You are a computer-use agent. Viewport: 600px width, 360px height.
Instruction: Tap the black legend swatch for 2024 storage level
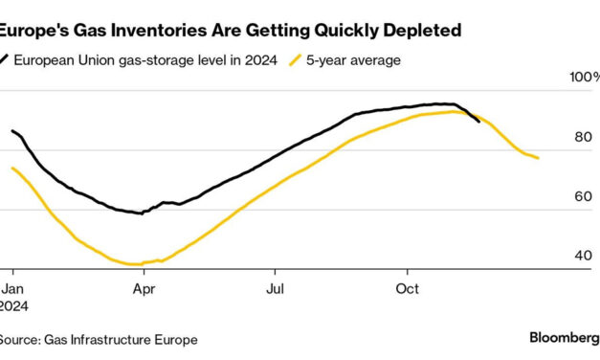[x=6, y=60]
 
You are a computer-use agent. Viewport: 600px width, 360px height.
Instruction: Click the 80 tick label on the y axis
[x=582, y=137]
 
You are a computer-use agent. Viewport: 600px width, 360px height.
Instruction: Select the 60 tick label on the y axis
[x=582, y=196]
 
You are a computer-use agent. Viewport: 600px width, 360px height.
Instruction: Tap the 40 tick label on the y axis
[x=582, y=256]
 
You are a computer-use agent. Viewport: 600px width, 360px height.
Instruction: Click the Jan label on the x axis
[x=11, y=287]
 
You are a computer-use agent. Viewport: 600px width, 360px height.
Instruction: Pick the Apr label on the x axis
[x=144, y=287]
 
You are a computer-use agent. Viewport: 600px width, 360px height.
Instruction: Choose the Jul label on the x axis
[x=275, y=287]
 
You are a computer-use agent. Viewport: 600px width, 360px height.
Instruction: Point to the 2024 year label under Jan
[x=13, y=304]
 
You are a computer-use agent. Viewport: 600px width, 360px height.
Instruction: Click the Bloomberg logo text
[x=562, y=338]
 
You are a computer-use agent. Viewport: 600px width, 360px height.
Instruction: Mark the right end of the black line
[x=478, y=121]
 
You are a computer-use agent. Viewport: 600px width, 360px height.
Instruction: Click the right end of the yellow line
[x=538, y=158]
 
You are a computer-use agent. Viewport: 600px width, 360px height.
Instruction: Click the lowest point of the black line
[x=142, y=213]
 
